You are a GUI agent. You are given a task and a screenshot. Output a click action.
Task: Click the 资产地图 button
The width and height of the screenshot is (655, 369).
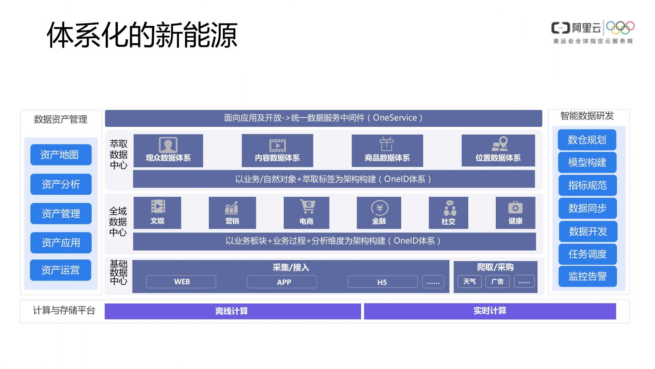[61, 155]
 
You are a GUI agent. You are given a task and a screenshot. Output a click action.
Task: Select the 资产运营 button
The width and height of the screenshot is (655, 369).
[61, 270]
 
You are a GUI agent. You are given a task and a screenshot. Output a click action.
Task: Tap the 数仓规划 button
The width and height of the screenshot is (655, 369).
[587, 140]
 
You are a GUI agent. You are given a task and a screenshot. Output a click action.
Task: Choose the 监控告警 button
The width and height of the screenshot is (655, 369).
[587, 276]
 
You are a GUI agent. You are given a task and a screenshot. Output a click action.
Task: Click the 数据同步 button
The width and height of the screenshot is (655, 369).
[587, 208]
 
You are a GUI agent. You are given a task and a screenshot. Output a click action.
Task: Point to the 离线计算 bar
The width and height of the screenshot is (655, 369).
[233, 311]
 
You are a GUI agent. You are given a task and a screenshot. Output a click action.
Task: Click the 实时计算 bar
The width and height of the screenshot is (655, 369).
[490, 311]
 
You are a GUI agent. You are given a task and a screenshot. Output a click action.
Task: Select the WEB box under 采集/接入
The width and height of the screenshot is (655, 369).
[181, 282]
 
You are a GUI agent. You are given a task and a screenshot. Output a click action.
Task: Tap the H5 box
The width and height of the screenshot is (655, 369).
[382, 282]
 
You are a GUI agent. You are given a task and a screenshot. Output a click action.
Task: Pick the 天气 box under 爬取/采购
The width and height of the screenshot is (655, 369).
[470, 281]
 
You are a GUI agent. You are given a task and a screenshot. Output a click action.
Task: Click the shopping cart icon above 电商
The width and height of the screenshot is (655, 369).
[307, 207]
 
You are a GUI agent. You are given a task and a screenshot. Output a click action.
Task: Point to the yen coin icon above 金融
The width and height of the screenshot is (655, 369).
[379, 208]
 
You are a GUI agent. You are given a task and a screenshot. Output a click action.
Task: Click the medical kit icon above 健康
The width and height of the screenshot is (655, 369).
[515, 207]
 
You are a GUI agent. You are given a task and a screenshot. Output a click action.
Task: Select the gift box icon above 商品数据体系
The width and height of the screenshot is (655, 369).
[386, 144]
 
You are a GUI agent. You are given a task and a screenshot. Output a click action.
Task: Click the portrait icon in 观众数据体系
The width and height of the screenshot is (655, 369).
[168, 145]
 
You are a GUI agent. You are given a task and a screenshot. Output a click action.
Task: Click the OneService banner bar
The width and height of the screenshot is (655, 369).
[323, 118]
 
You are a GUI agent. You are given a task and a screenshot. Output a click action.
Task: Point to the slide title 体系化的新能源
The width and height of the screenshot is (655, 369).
[142, 34]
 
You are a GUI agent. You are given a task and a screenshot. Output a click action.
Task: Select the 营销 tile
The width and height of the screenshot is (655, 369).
[232, 213]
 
